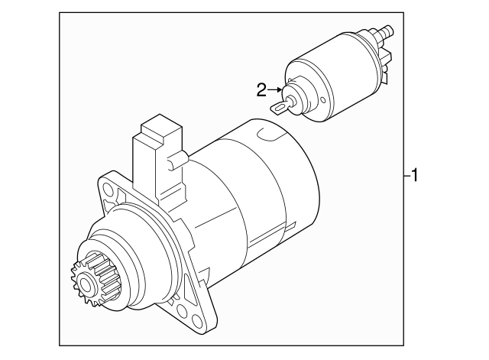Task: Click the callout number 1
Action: click(413, 177)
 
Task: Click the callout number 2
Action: click(261, 90)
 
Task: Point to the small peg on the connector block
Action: click(182, 160)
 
